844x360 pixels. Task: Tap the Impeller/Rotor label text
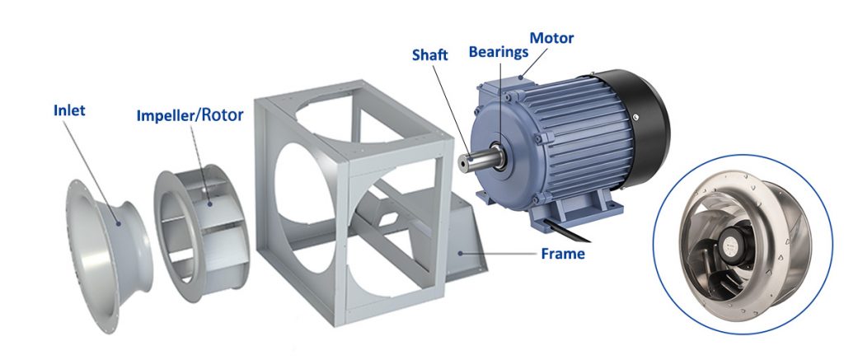click(190, 115)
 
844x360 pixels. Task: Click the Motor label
click(551, 38)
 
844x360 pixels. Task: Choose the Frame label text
click(563, 253)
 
